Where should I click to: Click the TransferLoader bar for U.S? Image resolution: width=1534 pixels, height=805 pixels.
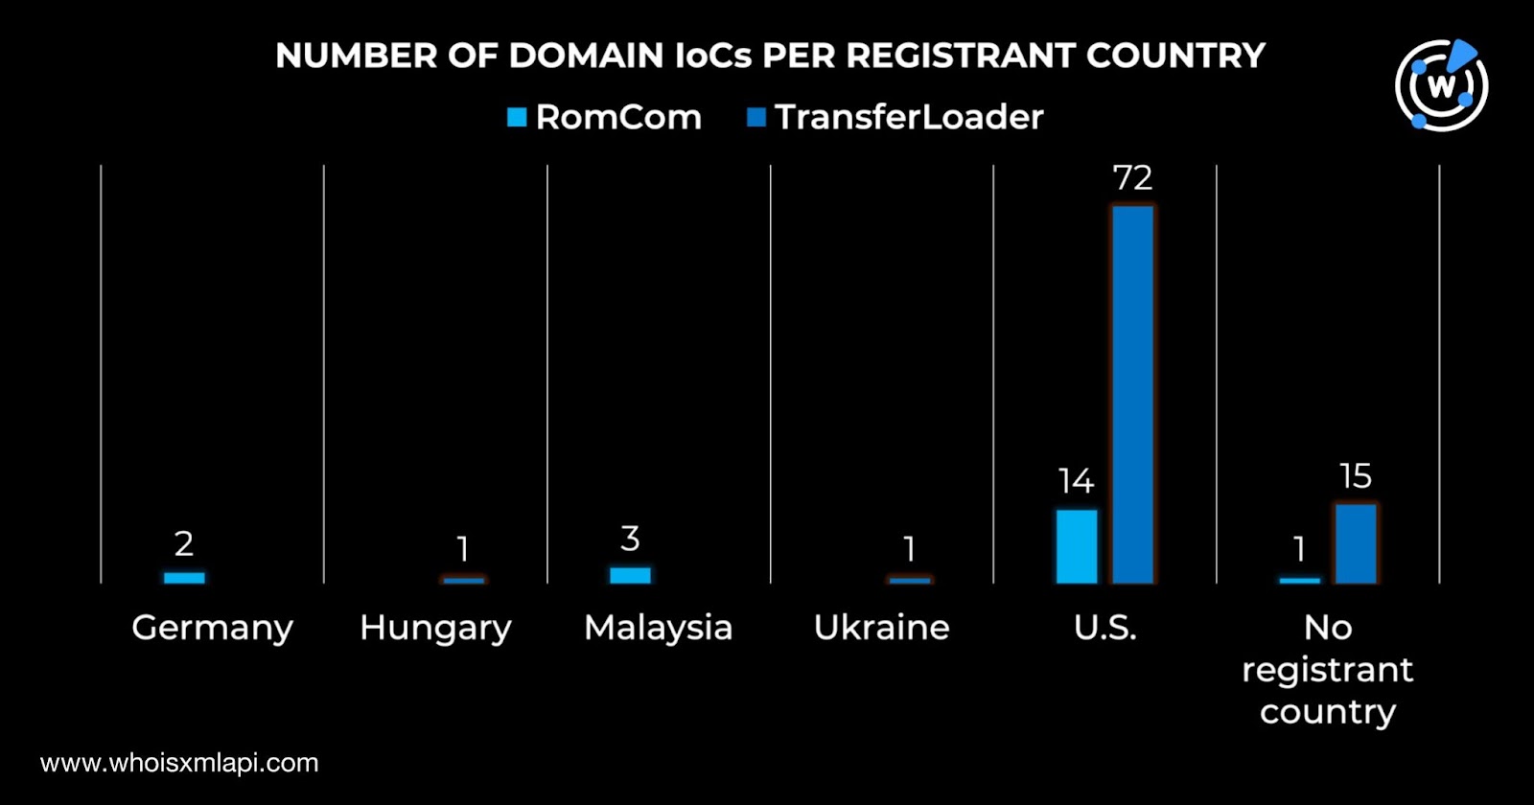pyautogui.click(x=1132, y=394)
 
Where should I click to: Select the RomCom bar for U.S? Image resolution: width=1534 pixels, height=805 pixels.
pyautogui.click(x=1077, y=546)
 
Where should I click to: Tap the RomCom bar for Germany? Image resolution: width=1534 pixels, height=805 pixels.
pyautogui.click(x=184, y=578)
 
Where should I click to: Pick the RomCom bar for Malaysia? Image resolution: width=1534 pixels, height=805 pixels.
pyautogui.click(x=630, y=575)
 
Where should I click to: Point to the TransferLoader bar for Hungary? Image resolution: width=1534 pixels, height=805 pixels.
pyautogui.click(x=464, y=580)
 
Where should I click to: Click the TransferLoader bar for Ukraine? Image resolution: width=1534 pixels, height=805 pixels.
pyautogui.click(x=910, y=580)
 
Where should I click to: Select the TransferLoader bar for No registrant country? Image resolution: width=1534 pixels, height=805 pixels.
pyautogui.click(x=1356, y=543)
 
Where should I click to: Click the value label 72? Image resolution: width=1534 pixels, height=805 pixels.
pyautogui.click(x=1132, y=178)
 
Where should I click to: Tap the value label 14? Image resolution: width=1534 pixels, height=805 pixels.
pyautogui.click(x=1076, y=481)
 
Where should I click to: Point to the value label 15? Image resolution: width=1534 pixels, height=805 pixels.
pyautogui.click(x=1356, y=476)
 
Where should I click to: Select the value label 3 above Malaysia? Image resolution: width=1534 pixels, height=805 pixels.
pyautogui.click(x=630, y=539)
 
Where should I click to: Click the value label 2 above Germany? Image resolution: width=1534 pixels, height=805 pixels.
pyautogui.click(x=184, y=544)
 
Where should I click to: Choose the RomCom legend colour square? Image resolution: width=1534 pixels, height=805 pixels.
pyautogui.click(x=517, y=118)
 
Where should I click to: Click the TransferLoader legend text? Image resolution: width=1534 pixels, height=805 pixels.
pyautogui.click(x=909, y=117)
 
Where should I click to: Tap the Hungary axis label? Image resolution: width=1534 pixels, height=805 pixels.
pyautogui.click(x=435, y=629)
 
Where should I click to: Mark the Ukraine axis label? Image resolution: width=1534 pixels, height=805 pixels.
pyautogui.click(x=881, y=628)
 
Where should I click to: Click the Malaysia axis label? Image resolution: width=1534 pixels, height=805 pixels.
pyautogui.click(x=658, y=628)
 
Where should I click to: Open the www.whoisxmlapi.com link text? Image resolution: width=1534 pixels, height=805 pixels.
pyautogui.click(x=179, y=763)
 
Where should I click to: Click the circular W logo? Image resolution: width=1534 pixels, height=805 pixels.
pyautogui.click(x=1441, y=85)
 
